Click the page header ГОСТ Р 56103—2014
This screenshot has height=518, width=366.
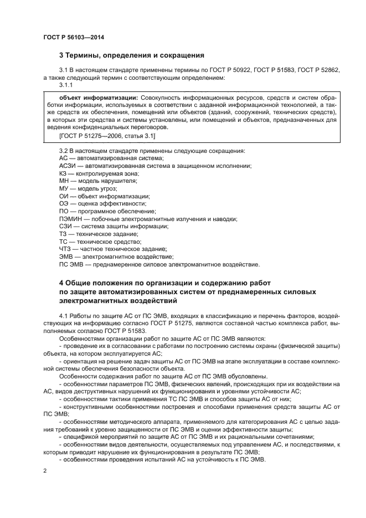pos(74,37)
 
